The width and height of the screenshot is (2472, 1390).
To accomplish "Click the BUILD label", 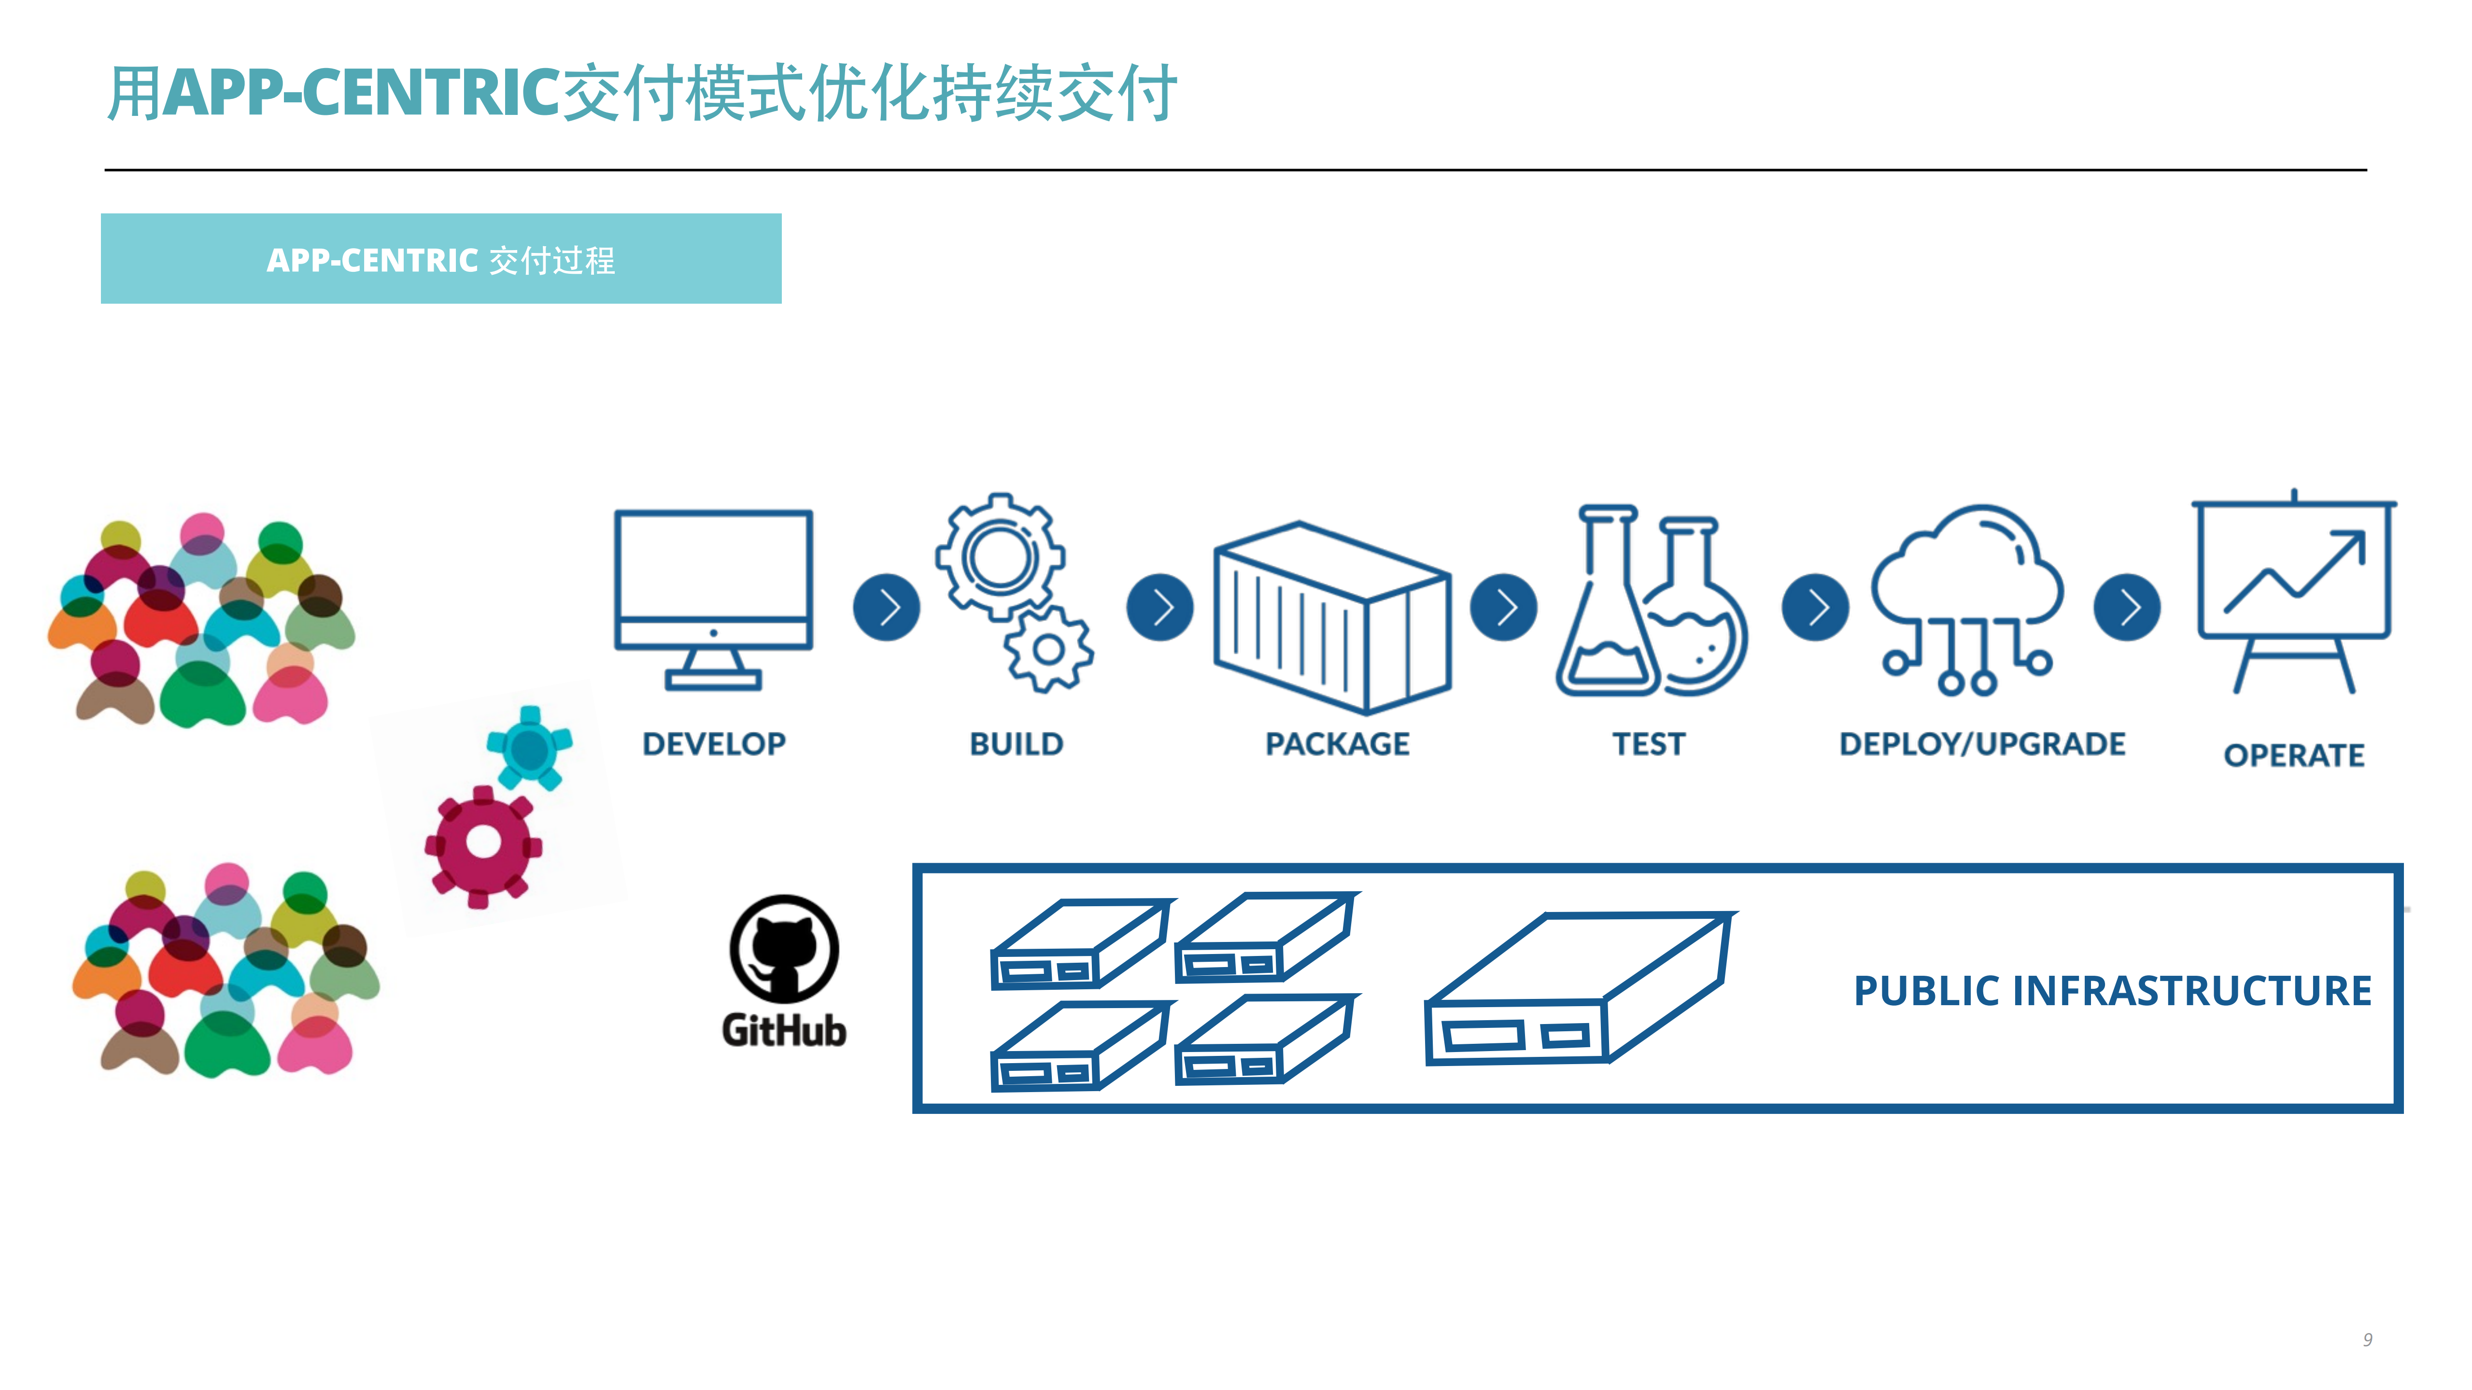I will coord(1016,744).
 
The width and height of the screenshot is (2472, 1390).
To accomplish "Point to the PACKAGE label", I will coord(1337,744).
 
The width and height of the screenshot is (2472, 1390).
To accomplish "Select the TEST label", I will coord(1648,744).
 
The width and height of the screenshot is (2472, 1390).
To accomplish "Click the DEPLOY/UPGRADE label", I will coord(1982,744).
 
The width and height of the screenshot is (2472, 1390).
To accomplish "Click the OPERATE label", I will coord(2293,755).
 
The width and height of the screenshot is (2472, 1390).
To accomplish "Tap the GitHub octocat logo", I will coord(784,950).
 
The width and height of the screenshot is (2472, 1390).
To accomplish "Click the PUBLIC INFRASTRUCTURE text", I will coord(2111,990).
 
